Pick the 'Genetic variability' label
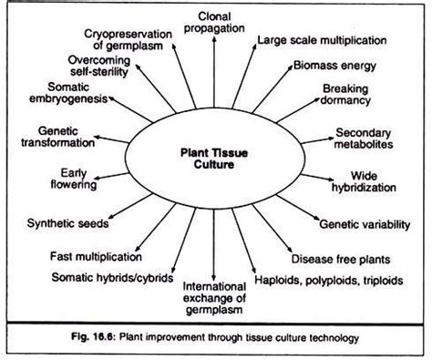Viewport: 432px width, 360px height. [x=357, y=222]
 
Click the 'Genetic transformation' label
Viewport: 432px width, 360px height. [x=46, y=138]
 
